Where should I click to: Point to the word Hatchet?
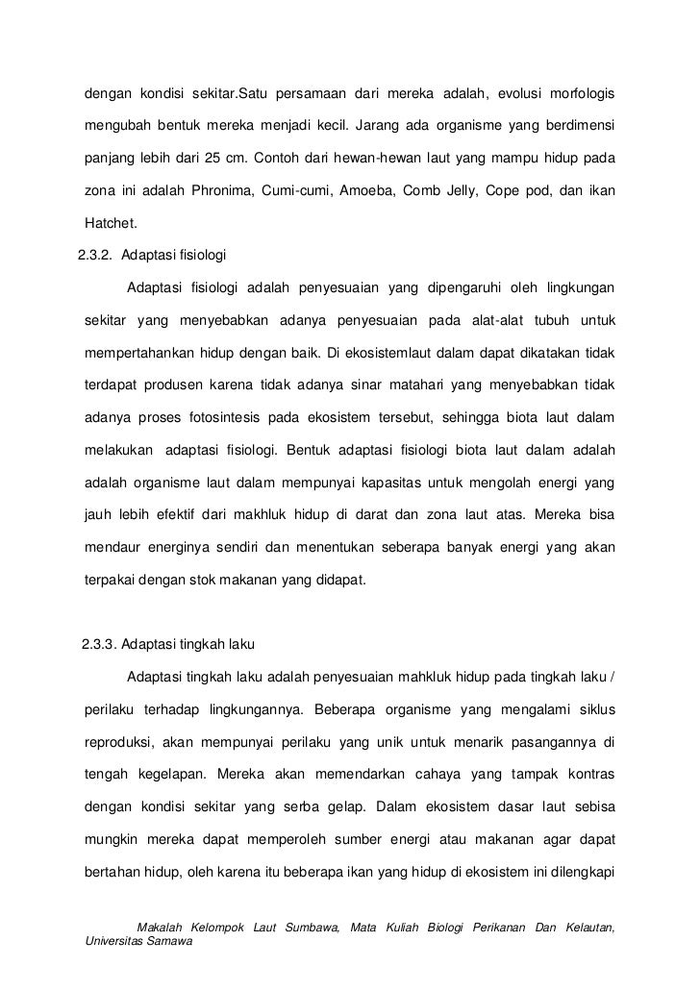(112, 225)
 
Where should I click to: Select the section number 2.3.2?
(96, 256)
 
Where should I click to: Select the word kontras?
(587, 775)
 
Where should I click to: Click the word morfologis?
(584, 93)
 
